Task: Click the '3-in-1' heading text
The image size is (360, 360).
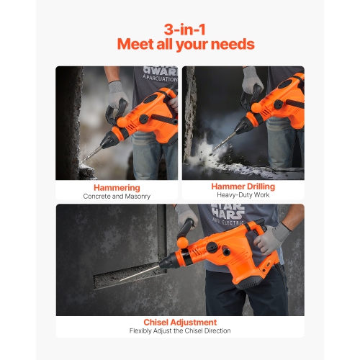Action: click(x=179, y=30)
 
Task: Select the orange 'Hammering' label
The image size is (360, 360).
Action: click(x=117, y=186)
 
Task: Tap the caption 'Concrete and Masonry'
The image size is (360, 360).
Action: click(x=117, y=196)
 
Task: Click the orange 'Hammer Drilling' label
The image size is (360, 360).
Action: click(x=243, y=186)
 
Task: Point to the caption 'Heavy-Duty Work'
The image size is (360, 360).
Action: click(x=243, y=196)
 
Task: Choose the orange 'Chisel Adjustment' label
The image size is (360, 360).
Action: click(x=179, y=322)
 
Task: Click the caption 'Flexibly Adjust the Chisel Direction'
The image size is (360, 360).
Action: click(x=179, y=331)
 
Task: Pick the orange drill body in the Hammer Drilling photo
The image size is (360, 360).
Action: click(x=277, y=108)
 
